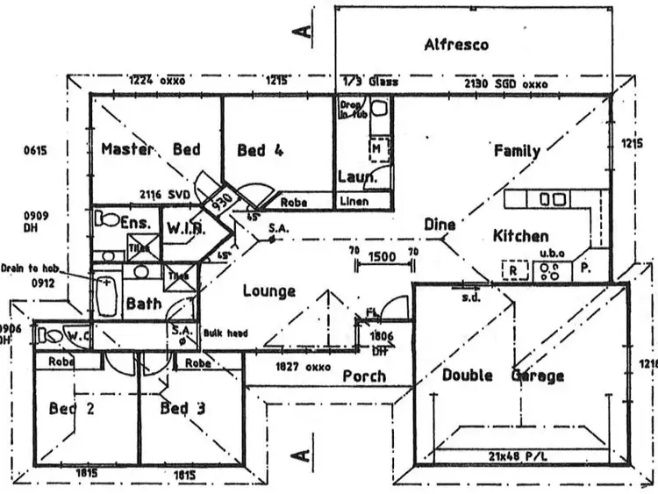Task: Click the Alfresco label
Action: [455, 44]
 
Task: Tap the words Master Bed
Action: [150, 150]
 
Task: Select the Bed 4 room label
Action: [261, 151]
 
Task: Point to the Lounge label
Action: [268, 290]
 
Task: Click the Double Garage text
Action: [503, 376]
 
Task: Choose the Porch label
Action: [364, 376]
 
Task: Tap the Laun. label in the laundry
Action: [358, 177]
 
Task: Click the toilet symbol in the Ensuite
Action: [108, 218]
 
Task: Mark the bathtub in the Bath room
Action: [105, 296]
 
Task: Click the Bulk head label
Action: [225, 333]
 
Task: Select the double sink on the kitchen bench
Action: [552, 200]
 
